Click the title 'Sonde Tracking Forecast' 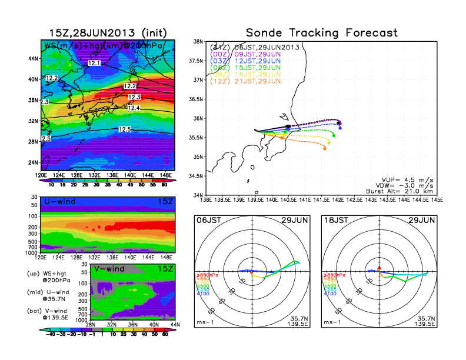(x=321, y=33)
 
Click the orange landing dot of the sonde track (x=325, y=149)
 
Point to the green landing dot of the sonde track (x=334, y=135)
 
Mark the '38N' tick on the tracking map (x=199, y=42)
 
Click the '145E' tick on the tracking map (x=436, y=200)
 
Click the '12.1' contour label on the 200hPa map (x=94, y=62)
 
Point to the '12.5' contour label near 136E (x=125, y=129)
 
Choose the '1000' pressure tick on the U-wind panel (x=32, y=252)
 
